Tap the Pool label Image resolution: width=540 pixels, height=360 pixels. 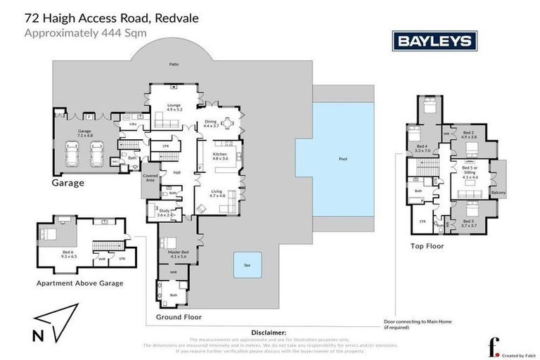point(342,159)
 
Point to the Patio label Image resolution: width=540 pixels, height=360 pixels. point(174,64)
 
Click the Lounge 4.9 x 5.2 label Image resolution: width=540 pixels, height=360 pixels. point(174,108)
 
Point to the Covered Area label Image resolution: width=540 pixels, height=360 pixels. point(150,178)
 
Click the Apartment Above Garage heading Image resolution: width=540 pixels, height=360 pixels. point(79,283)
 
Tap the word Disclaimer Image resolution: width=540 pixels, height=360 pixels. point(269,333)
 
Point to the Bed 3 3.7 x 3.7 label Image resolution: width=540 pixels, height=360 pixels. point(468,224)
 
